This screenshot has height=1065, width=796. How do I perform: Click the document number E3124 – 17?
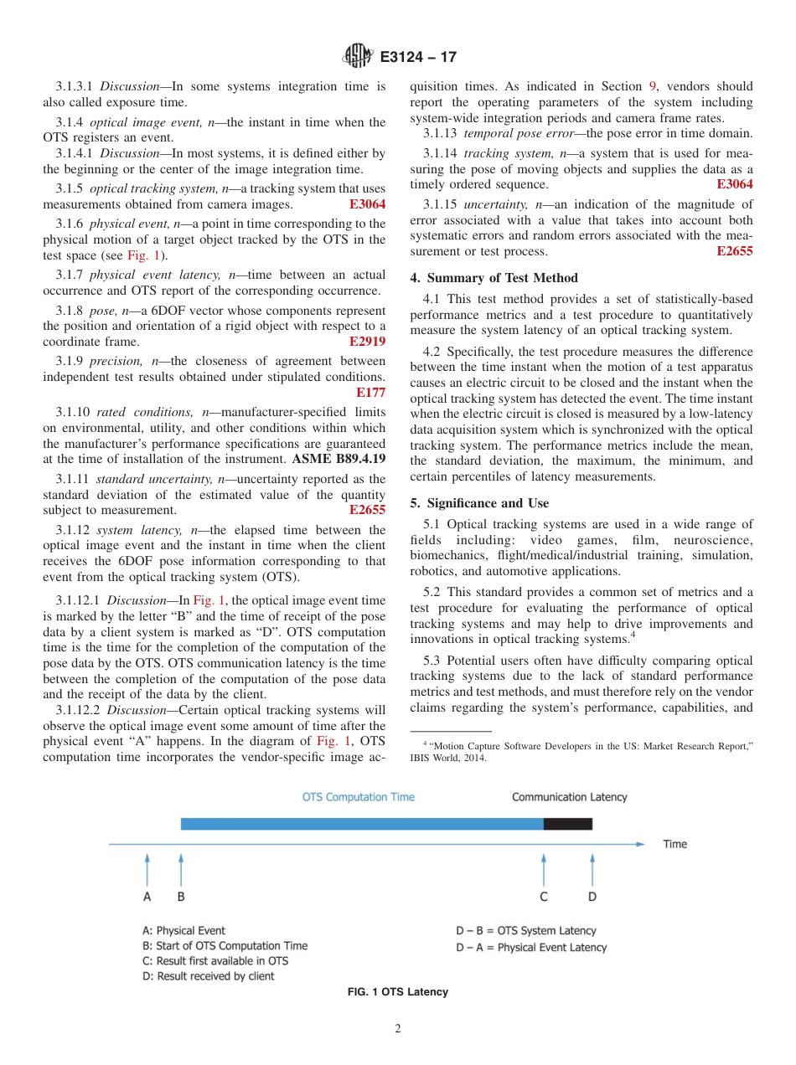418,57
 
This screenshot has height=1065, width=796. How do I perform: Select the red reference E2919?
367,342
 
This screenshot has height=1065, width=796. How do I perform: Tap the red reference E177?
370,393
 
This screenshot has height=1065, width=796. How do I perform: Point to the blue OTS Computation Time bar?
361,824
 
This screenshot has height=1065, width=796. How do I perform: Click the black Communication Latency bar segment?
567,824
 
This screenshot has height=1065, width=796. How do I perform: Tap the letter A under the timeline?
147,897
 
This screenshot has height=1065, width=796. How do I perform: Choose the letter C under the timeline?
544,897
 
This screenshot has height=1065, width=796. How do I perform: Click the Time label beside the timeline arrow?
675,844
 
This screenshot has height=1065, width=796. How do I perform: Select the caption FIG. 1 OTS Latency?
398,992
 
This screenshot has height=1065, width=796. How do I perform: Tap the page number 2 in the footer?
398,1029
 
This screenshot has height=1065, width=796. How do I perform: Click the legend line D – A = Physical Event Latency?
531,947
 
